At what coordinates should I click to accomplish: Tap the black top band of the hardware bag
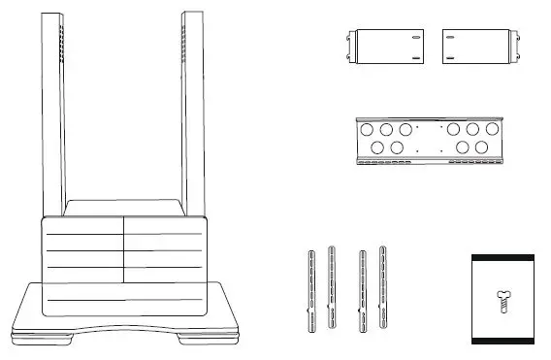tap(502, 257)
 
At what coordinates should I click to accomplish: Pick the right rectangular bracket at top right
tap(474, 47)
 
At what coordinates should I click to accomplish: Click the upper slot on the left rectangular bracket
tap(415, 39)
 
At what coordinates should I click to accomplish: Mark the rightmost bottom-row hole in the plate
tap(481, 147)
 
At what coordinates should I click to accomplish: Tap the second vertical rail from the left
tap(332, 287)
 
